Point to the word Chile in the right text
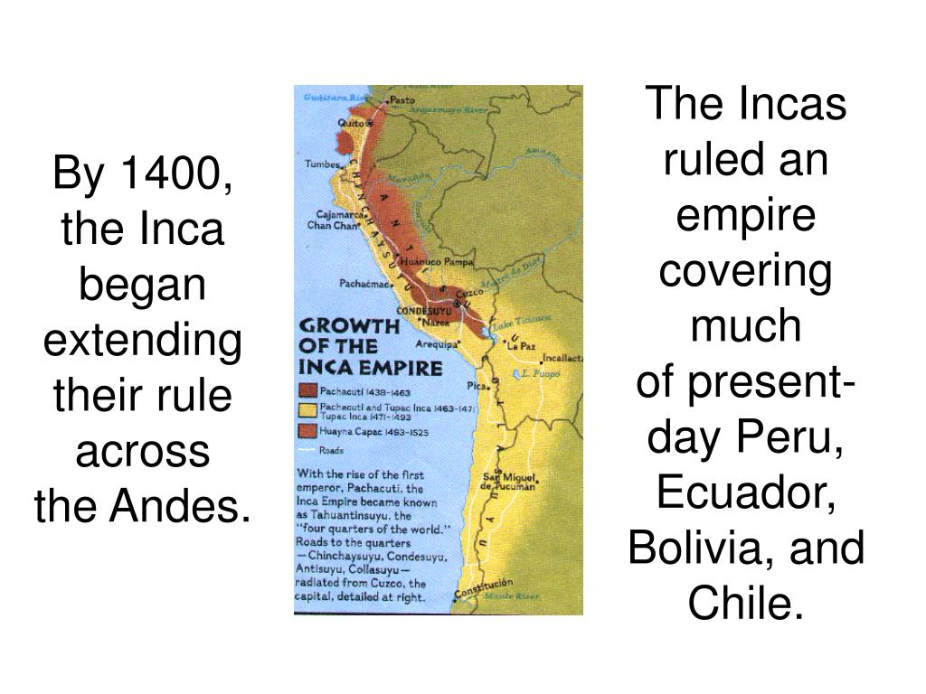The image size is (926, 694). point(744,601)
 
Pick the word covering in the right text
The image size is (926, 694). point(746,274)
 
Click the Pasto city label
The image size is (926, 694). point(402,99)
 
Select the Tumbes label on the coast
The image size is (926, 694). point(322,165)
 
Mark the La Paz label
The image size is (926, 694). point(521,346)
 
